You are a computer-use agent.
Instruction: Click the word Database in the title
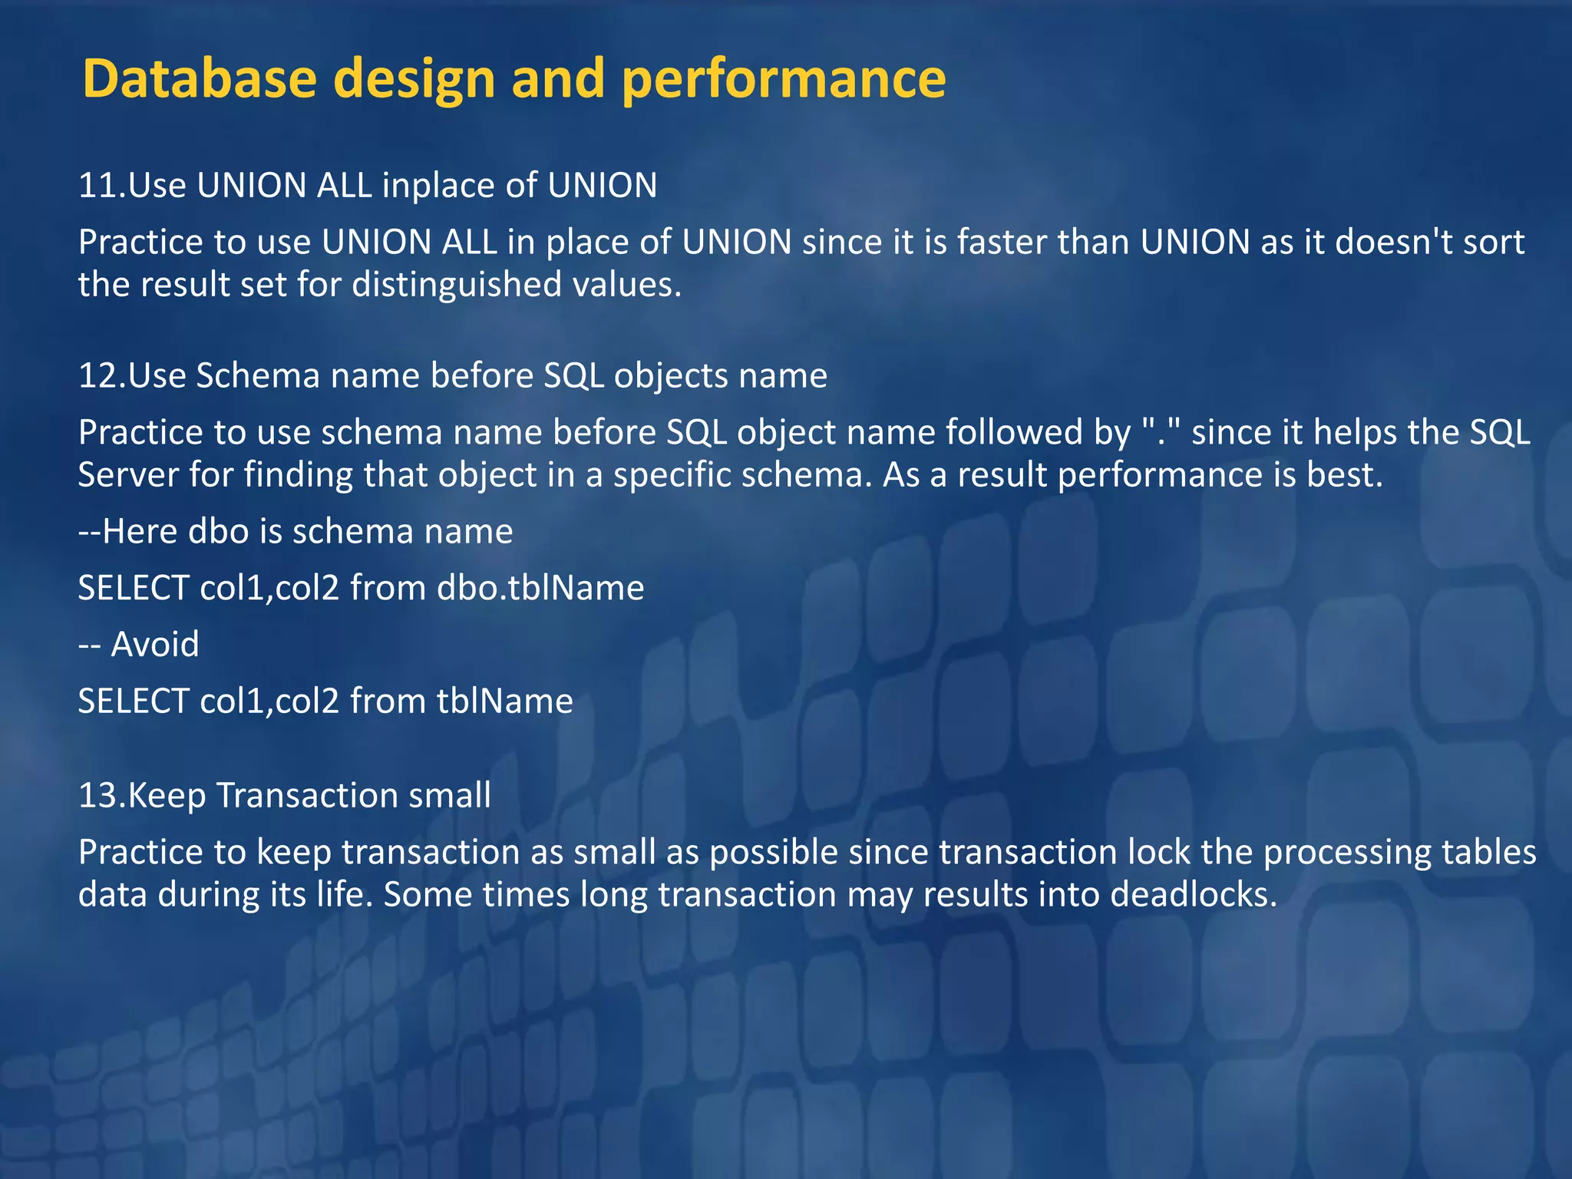pos(200,79)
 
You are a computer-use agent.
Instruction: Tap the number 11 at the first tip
pos(99,186)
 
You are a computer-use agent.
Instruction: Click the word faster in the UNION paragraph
pos(1002,243)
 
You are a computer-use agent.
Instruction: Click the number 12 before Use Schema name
pos(99,376)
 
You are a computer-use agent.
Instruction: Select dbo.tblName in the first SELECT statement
pos(540,589)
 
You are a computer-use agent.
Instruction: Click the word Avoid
pos(155,644)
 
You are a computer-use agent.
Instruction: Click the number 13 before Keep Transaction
pos(99,796)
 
